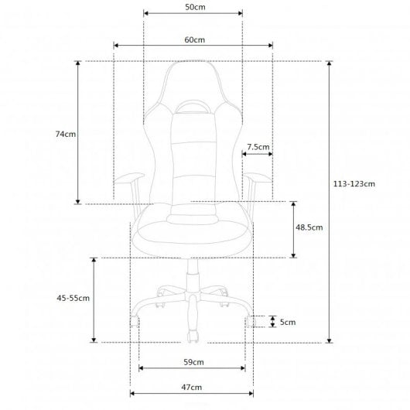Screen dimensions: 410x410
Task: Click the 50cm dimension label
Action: coord(195,7)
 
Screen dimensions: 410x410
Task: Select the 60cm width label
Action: coord(194,40)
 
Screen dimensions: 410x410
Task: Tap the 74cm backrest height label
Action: coord(66,134)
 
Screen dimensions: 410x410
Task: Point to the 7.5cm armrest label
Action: coord(258,147)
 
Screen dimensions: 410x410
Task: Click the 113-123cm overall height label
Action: coord(354,184)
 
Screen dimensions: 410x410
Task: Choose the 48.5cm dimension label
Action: coord(309,227)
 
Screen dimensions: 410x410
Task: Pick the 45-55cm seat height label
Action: coord(73,298)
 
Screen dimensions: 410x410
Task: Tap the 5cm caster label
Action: coord(288,322)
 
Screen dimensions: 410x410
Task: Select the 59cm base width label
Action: coord(193,362)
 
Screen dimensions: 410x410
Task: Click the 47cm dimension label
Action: coord(192,388)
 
